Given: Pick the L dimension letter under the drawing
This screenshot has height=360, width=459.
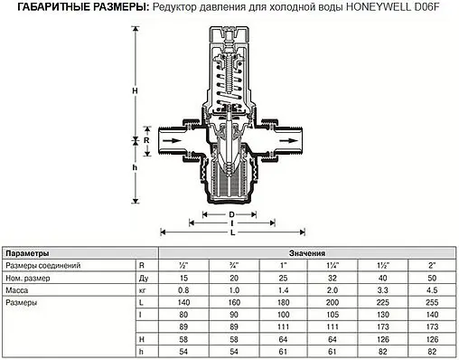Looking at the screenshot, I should tap(232, 233).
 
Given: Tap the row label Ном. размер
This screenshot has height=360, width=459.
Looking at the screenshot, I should tap(29, 279).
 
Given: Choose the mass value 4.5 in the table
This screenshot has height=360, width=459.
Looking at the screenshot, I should tap(431, 291).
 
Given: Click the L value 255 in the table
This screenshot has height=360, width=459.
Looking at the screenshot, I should tap(431, 303).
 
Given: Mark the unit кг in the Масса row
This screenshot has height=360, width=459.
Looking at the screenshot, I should tap(143, 291).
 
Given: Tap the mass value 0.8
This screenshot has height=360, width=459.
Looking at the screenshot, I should tap(184, 291).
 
